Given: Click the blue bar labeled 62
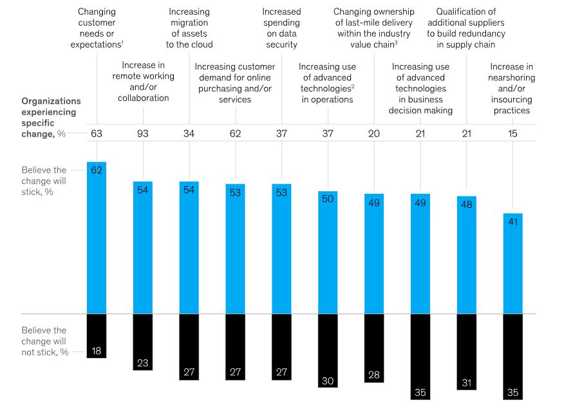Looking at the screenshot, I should pos(96,238).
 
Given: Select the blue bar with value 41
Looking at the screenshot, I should pos(512,264).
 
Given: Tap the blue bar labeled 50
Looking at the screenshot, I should pos(327,252).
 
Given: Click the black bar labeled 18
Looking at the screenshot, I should pos(96,335).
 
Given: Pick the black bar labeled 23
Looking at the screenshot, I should pos(142,342).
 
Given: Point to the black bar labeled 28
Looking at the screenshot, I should pos(373,348).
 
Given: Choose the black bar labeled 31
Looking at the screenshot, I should pos(466,352).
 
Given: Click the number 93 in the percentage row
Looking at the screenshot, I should pos(142,134).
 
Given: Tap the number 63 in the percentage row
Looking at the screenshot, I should pos(96,134).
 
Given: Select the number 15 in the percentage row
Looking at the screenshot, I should pos(513,134).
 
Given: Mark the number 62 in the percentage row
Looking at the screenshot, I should pos(235,134).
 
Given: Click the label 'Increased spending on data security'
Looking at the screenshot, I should pos(281,28).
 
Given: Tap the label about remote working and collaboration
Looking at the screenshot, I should pos(144,81).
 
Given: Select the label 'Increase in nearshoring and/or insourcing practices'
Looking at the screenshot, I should pos(513,88).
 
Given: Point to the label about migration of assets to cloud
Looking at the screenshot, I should pos(189,28).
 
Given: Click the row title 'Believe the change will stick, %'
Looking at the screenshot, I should pos(44,182).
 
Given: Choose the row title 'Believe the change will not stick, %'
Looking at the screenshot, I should pos(44,341).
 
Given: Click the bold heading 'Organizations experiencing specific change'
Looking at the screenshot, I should pos(52,117).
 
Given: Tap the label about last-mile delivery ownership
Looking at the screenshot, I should pos(373,28).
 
